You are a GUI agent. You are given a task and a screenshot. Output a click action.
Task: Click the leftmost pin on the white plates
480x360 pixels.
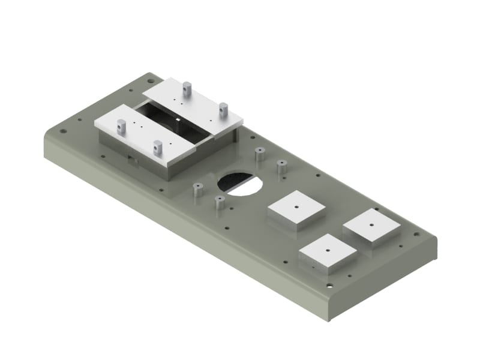tap(121, 125)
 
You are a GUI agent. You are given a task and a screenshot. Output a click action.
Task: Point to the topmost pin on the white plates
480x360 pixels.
tap(187, 88)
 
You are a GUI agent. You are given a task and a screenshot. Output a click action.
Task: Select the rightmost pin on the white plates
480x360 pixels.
tap(223, 109)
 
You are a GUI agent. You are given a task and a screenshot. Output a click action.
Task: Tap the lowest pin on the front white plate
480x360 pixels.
tap(158, 146)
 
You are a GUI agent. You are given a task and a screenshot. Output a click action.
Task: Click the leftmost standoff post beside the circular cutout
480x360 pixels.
tap(197, 191)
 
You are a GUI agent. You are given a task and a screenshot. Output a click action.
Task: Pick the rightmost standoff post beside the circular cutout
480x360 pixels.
tap(281, 166)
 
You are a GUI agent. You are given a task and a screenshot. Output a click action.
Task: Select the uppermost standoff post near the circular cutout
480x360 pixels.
tap(260, 154)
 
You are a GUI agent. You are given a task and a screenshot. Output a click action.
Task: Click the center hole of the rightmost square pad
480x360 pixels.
tap(371, 225)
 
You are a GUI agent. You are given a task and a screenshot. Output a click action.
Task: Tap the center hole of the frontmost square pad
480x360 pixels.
tap(328, 250)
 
